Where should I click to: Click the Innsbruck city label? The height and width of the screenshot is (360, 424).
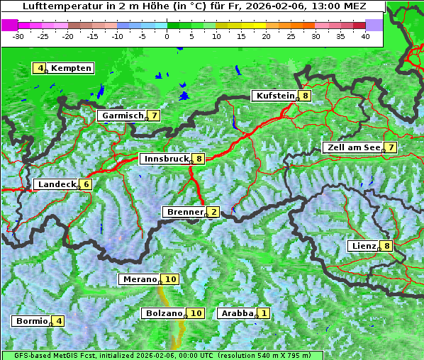point(165,159)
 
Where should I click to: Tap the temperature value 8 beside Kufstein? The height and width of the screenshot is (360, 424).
point(305,96)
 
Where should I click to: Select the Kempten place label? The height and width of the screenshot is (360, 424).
point(71,68)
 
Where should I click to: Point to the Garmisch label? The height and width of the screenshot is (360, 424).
point(121,116)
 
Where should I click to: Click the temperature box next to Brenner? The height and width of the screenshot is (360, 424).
point(213,212)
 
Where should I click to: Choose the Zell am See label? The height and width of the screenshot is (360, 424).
point(352,147)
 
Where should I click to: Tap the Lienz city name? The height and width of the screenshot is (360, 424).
point(362,246)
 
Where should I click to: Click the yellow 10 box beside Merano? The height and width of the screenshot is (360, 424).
point(171,279)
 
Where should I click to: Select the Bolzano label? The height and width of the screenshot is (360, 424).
point(164,313)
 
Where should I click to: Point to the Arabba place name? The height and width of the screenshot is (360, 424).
point(236,313)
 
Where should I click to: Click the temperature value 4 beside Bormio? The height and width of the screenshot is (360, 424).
point(59,321)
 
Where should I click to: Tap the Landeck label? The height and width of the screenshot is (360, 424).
point(56,184)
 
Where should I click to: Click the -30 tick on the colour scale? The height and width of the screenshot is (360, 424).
point(18,35)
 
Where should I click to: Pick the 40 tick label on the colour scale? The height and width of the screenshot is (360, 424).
point(365,35)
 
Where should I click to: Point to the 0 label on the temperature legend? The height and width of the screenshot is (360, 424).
point(167,35)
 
